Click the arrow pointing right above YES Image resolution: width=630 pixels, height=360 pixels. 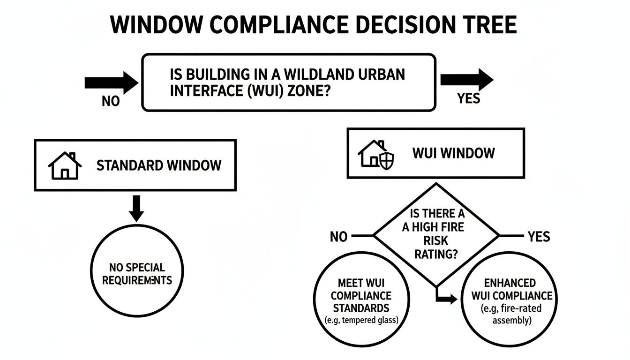coord(466,80)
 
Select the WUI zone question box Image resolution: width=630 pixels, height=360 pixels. coord(289,82)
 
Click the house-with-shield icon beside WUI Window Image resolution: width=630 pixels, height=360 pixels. coord(376,154)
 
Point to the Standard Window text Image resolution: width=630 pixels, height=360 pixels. coord(158,165)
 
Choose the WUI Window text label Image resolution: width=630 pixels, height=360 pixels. coord(453,153)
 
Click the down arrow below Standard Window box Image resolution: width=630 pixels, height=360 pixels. coord(136,208)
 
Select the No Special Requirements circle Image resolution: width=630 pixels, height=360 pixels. coord(137,274)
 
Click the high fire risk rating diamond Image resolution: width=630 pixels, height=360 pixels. coord(436,234)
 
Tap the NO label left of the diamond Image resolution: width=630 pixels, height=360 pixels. coord(338,237)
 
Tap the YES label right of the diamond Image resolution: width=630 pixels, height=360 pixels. coord(539,237)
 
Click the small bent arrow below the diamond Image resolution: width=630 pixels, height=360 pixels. coord(445,297)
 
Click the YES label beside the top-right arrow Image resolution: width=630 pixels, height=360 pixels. coord(468,98)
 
